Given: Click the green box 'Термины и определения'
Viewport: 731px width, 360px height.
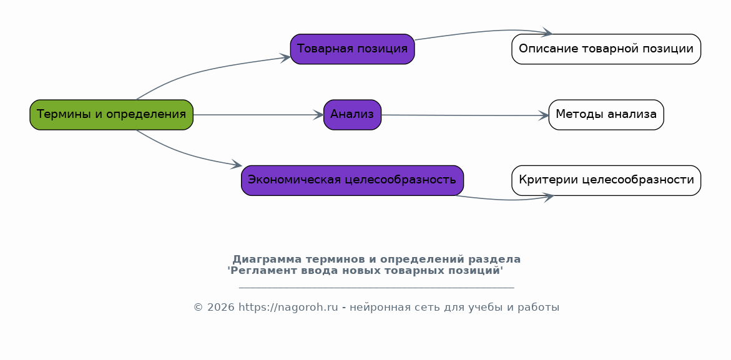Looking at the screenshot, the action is coord(111,115).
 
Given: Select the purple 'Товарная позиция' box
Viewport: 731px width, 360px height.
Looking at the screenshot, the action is coord(353,49).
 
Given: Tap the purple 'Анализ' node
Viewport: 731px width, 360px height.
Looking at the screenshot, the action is coord(353,115).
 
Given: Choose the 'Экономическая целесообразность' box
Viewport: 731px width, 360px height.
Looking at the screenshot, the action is coord(353,180).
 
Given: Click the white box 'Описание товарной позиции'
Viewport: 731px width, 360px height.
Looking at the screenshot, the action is coord(606,49).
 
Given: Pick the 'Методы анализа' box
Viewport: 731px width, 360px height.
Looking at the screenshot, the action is coord(606,115).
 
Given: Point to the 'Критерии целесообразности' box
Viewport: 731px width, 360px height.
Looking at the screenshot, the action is coord(606,180).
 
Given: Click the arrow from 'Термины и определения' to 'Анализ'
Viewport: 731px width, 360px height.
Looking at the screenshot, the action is coord(258,115).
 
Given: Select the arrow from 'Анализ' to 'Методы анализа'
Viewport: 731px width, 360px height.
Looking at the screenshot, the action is coord(465,115).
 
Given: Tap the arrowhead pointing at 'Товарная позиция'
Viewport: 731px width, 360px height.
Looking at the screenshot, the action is coord(285,57).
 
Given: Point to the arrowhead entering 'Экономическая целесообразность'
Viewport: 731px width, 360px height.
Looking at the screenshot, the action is coord(237,164).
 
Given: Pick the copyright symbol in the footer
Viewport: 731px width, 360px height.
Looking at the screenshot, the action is coord(198,308).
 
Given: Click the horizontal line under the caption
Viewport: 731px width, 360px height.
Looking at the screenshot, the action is coord(376,288).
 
